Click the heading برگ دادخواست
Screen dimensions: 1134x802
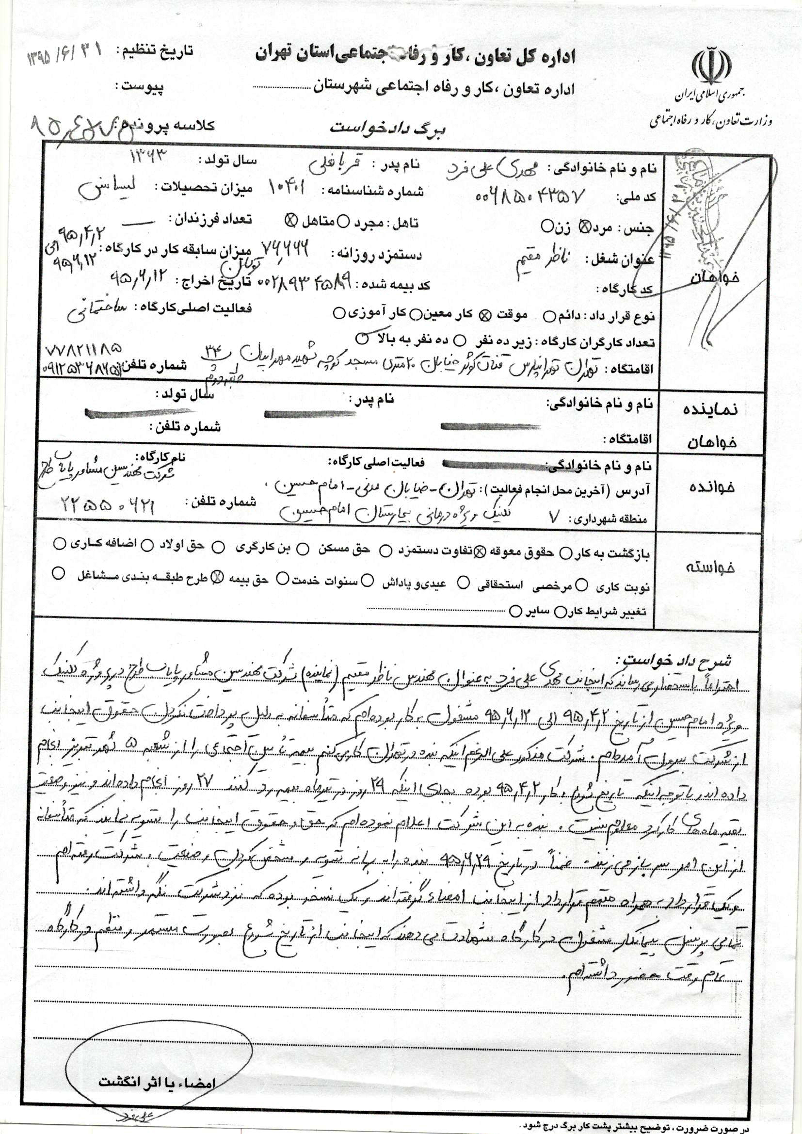(x=388, y=129)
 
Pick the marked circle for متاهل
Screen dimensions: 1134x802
(x=290, y=221)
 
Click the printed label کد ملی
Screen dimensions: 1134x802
(x=640, y=196)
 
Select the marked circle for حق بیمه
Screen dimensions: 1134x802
(x=218, y=578)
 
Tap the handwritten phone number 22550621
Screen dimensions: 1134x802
(x=108, y=504)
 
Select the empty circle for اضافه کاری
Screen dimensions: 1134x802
(x=59, y=544)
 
